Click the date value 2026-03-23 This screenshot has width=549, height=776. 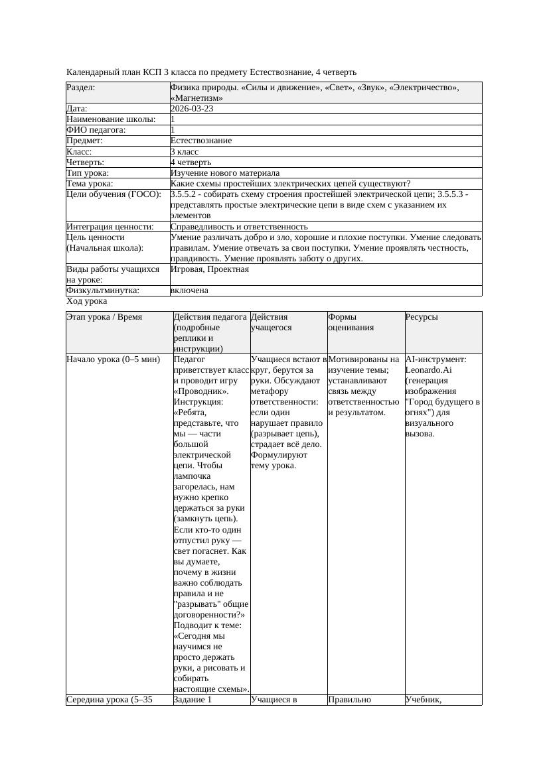pos(192,109)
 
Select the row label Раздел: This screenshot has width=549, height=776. pos(81,88)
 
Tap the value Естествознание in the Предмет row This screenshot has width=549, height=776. pos(201,141)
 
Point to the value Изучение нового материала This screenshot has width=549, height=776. pos(225,173)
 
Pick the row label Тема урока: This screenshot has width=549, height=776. pos(90,184)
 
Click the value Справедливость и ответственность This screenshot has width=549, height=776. pos(239,227)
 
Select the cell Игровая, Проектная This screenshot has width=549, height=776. pos(210,269)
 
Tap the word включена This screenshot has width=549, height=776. pos(189,291)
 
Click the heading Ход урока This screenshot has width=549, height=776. pos(86,301)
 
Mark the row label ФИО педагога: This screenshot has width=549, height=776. pos(97,130)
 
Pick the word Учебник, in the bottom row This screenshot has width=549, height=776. pos(424,699)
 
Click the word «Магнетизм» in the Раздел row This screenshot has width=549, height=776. pos(196,98)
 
